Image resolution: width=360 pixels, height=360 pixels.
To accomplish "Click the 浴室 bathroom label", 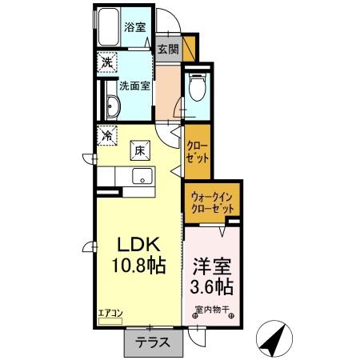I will (134, 27).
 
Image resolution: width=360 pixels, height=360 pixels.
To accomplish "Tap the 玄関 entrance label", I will (167, 50).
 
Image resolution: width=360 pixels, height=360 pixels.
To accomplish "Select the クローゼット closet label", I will (198, 151).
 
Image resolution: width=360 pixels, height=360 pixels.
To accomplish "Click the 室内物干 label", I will (212, 310).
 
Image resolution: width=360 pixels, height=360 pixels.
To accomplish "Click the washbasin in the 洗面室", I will (112, 110).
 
